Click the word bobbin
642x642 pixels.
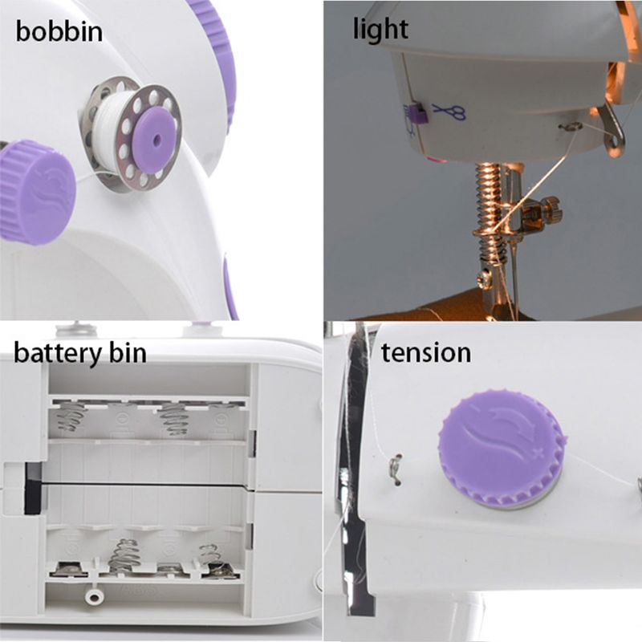[x=59, y=30]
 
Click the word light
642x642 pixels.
[x=380, y=29]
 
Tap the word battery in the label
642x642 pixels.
[x=57, y=353]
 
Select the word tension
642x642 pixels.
[x=426, y=352]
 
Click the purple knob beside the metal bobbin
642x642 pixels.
[x=38, y=193]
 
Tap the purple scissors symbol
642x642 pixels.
[x=449, y=112]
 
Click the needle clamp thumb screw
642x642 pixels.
[x=551, y=209]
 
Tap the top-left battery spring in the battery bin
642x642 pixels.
[x=71, y=416]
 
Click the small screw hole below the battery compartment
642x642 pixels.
[x=94, y=596]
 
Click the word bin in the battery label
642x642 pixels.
[x=127, y=352]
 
